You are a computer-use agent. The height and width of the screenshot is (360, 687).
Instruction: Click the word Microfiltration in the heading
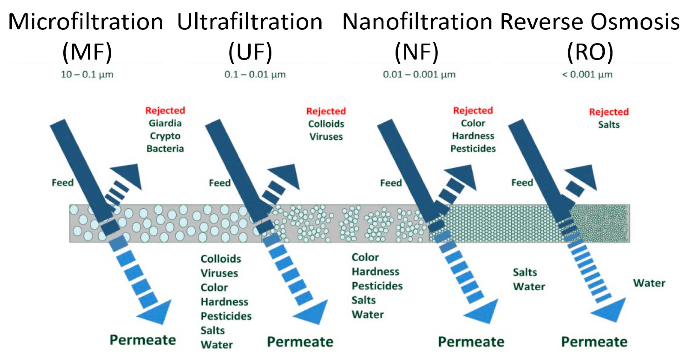tap(86, 22)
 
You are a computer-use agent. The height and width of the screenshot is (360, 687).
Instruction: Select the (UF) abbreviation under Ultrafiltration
tap(250, 52)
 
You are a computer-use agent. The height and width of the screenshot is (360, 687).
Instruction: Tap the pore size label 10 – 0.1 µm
tap(87, 74)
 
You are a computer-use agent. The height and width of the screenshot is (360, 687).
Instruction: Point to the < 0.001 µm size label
tap(587, 74)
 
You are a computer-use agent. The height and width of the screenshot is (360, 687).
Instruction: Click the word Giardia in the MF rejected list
tap(165, 123)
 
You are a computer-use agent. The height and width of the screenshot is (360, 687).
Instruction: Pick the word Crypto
tap(165, 136)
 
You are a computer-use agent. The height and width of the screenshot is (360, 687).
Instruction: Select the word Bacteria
tap(165, 149)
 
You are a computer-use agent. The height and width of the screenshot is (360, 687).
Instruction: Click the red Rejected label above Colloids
tap(326, 111)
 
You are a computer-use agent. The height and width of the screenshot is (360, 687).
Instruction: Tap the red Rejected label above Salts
tap(609, 112)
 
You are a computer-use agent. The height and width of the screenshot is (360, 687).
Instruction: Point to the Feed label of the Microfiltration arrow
tap(62, 183)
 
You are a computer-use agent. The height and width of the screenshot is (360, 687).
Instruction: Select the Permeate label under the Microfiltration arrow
tap(143, 340)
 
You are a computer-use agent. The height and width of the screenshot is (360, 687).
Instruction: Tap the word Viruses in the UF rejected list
tap(326, 137)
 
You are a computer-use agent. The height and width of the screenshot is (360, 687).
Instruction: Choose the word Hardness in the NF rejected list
tap(473, 136)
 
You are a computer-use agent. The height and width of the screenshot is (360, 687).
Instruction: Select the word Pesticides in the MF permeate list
tap(226, 316)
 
